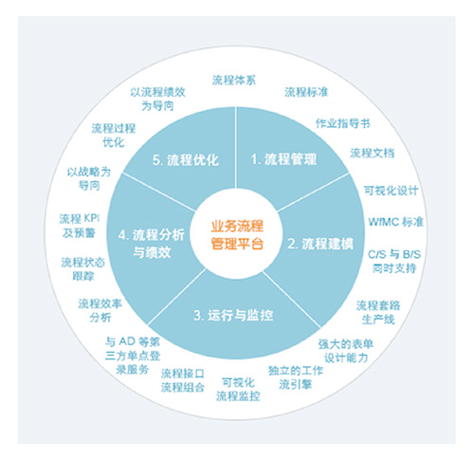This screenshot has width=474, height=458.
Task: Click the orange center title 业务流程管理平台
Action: tap(237, 235)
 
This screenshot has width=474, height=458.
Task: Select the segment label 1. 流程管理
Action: tap(283, 159)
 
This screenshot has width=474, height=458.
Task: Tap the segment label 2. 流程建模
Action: tap(320, 244)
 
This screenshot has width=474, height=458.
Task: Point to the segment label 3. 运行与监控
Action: tap(233, 315)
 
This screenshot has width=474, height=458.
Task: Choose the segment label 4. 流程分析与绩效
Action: tap(151, 244)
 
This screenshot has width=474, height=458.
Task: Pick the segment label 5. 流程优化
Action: tap(186, 160)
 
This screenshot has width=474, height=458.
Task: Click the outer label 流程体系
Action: tap(234, 80)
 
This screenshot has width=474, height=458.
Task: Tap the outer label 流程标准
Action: tap(306, 92)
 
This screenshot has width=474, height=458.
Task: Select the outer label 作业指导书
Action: tap(343, 123)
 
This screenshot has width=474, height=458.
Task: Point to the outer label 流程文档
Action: tap(373, 153)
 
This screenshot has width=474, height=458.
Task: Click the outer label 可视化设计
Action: tap(391, 191)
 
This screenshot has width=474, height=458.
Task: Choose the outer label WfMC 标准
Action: tap(396, 222)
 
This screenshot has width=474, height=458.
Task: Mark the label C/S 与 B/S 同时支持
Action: tap(394, 261)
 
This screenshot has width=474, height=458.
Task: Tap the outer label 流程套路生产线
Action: tap(378, 312)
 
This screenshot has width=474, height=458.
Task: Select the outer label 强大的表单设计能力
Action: tap(346, 351)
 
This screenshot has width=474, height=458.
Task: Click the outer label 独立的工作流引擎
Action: tap(296, 377)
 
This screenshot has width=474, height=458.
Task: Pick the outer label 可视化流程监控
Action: tap(238, 389)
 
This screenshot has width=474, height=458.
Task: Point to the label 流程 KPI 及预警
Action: tap(80, 226)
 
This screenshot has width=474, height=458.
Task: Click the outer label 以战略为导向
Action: tap(89, 178)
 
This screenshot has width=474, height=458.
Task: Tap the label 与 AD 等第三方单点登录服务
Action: tap(133, 356)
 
